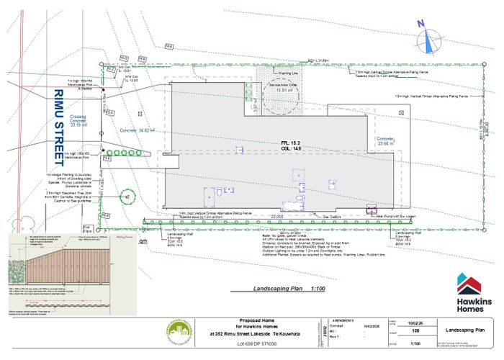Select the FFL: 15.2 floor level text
(292, 143)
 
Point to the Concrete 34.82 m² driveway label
(138, 130)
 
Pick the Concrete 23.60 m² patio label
(387, 141)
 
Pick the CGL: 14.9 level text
(292, 149)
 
